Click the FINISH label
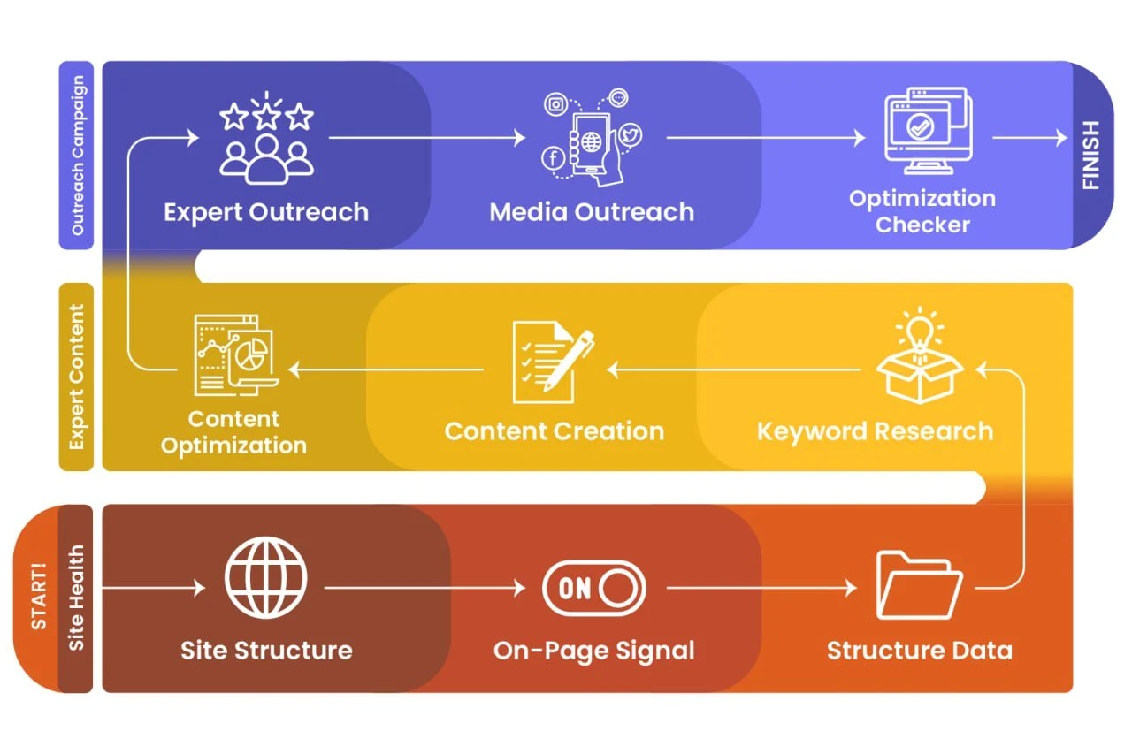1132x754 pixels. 1090,155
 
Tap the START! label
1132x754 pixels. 39,596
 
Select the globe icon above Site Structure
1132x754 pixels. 266,577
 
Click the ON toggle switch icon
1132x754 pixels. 593,589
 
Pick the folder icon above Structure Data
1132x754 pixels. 919,585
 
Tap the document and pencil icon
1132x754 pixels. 554,362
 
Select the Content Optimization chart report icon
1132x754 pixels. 236,355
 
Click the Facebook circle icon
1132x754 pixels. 554,158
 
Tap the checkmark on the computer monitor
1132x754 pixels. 920,126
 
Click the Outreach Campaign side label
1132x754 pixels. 77,155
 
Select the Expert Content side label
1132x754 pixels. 77,377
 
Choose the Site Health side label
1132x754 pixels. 76,598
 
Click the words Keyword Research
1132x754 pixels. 876,431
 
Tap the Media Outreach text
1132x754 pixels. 592,212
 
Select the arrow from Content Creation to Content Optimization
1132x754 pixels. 386,369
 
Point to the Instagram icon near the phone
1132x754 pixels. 556,104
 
